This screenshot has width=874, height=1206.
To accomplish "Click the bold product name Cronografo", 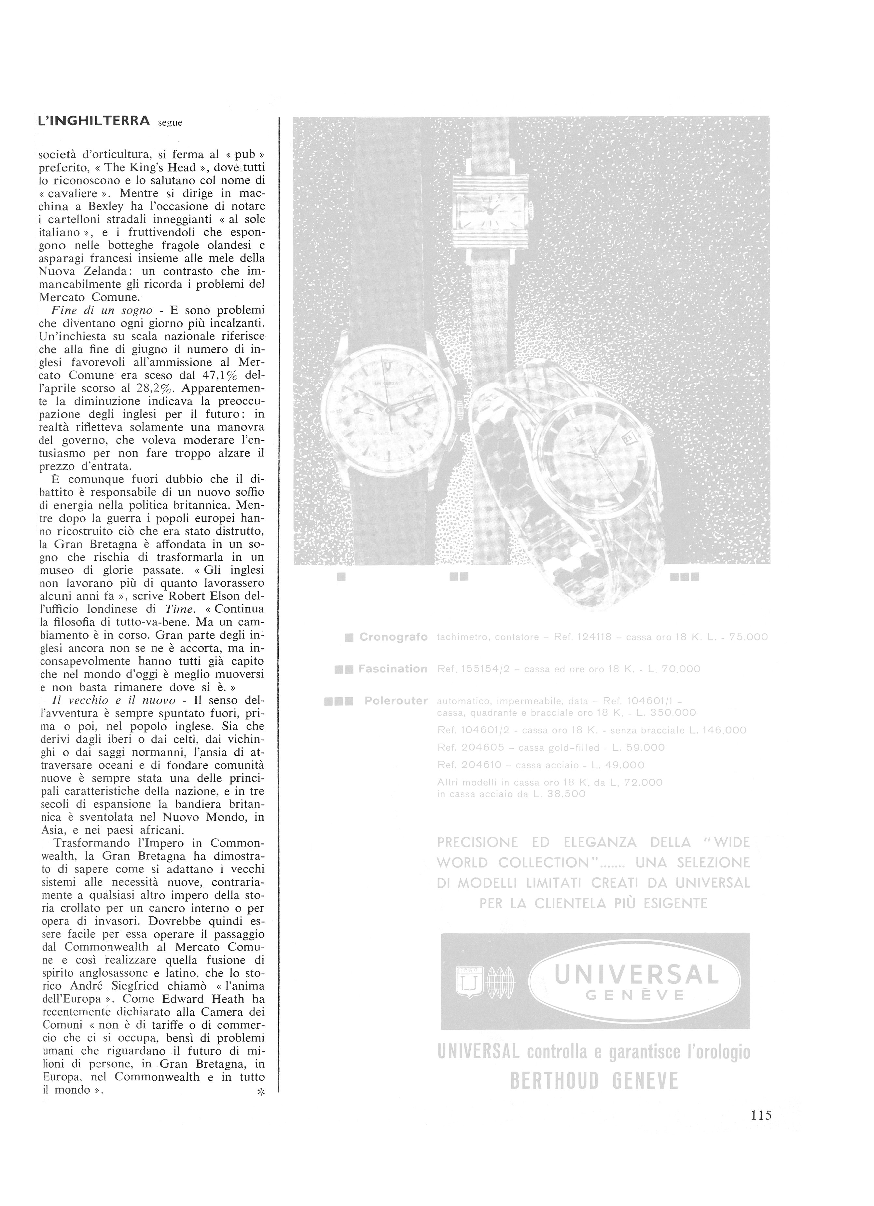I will tap(393, 637).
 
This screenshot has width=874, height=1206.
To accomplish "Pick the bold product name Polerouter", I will tap(396, 701).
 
